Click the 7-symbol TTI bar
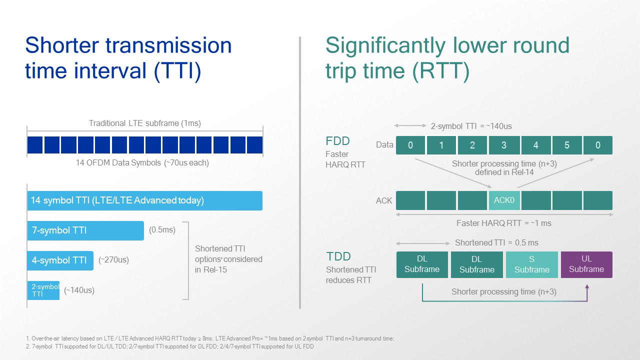[x=85, y=230]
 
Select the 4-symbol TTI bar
[x=60, y=260]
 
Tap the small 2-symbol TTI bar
[x=43, y=290]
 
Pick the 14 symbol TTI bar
[x=145, y=200]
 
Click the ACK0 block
[x=504, y=200]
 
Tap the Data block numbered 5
[x=567, y=145]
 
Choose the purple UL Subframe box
[x=586, y=264]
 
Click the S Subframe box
[x=531, y=264]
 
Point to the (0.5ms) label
[x=162, y=229]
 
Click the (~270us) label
[x=113, y=259]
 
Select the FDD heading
[x=337, y=141]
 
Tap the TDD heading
[x=338, y=256]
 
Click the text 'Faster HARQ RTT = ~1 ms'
[x=503, y=223]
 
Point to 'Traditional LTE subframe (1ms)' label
[x=145, y=123]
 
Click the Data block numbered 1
[x=441, y=145]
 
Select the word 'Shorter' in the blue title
[x=62, y=45]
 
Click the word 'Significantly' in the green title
[x=385, y=45]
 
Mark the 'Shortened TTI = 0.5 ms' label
[x=496, y=243]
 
